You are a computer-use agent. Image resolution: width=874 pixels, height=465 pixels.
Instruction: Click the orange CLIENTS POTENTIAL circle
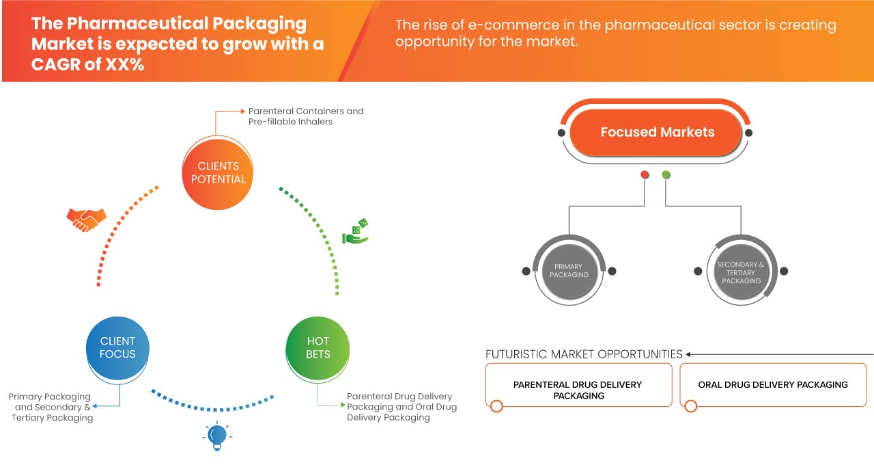tap(218, 172)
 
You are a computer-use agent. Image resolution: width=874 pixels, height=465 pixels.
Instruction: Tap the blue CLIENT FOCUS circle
tap(117, 347)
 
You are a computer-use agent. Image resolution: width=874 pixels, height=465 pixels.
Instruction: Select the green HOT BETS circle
tap(318, 347)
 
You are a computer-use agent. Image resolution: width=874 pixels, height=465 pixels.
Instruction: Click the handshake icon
tap(86, 219)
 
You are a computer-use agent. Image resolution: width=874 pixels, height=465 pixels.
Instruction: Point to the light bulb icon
tap(216, 436)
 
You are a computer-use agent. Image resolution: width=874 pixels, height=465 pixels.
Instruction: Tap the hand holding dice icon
tap(356, 232)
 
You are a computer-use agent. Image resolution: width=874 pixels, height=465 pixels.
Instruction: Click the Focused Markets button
tap(657, 133)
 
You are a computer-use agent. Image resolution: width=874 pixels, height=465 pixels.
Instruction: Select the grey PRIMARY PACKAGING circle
tap(569, 270)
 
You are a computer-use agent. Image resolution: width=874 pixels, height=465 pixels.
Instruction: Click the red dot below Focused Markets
tap(645, 175)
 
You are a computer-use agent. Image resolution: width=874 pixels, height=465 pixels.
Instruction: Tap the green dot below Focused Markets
tap(666, 175)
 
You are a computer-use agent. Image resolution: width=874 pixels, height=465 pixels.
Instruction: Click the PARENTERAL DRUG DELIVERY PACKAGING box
tap(578, 390)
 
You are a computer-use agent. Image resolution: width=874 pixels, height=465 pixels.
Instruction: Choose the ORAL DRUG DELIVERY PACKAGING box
tap(773, 385)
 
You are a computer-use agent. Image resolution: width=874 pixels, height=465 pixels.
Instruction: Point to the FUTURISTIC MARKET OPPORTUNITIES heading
tap(584, 354)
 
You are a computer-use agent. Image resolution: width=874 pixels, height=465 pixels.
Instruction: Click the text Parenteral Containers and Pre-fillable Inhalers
tap(306, 116)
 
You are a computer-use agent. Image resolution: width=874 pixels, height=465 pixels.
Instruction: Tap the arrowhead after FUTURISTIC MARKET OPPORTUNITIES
tap(689, 354)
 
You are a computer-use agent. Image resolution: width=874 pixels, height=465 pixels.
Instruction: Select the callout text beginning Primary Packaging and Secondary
tap(51, 407)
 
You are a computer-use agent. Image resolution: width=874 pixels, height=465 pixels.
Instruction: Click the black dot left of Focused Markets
tap(561, 133)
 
